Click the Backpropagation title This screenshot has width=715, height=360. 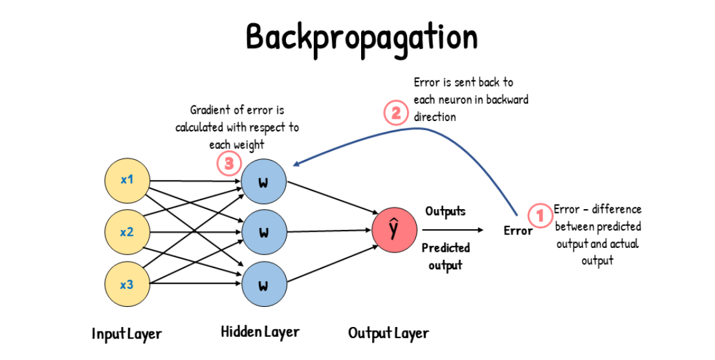tap(361, 37)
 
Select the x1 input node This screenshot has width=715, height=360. tap(127, 179)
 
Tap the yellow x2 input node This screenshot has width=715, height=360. tap(127, 231)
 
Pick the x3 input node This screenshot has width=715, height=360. tap(127, 283)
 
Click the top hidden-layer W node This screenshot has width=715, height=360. tap(263, 181)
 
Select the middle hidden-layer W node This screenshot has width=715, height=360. tap(263, 232)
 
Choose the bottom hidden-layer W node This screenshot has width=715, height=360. tap(263, 284)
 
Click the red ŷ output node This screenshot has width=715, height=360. tap(394, 231)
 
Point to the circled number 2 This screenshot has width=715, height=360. tap(396, 113)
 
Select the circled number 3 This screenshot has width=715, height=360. tap(228, 164)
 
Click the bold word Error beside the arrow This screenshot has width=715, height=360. tap(518, 231)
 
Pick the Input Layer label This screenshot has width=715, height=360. tap(126, 334)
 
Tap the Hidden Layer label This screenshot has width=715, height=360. tap(260, 332)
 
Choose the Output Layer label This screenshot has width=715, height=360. tap(388, 333)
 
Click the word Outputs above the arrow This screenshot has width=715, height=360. tap(445, 212)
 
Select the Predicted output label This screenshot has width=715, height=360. tap(446, 256)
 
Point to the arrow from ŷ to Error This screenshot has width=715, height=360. tap(452, 230)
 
